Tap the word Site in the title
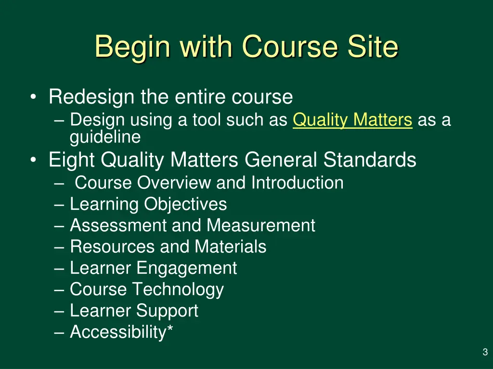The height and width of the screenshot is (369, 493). click(373, 47)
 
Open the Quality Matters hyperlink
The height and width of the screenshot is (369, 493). click(352, 120)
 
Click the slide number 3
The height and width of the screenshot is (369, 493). click(485, 353)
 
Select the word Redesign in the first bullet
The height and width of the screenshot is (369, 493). click(91, 97)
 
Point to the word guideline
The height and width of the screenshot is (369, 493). click(105, 137)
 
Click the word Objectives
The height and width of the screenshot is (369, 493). click(185, 204)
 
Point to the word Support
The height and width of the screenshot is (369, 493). click(167, 310)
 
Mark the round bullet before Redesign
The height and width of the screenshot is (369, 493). click(32, 98)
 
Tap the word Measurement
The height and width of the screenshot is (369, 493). click(261, 225)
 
